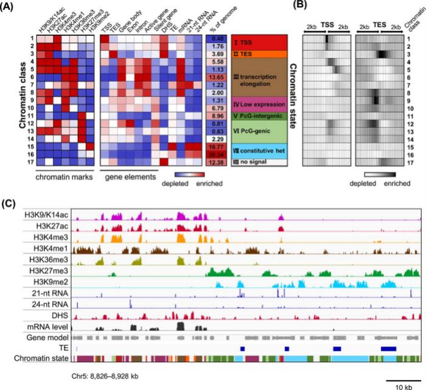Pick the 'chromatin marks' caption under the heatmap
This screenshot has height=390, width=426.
pos(64,178)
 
